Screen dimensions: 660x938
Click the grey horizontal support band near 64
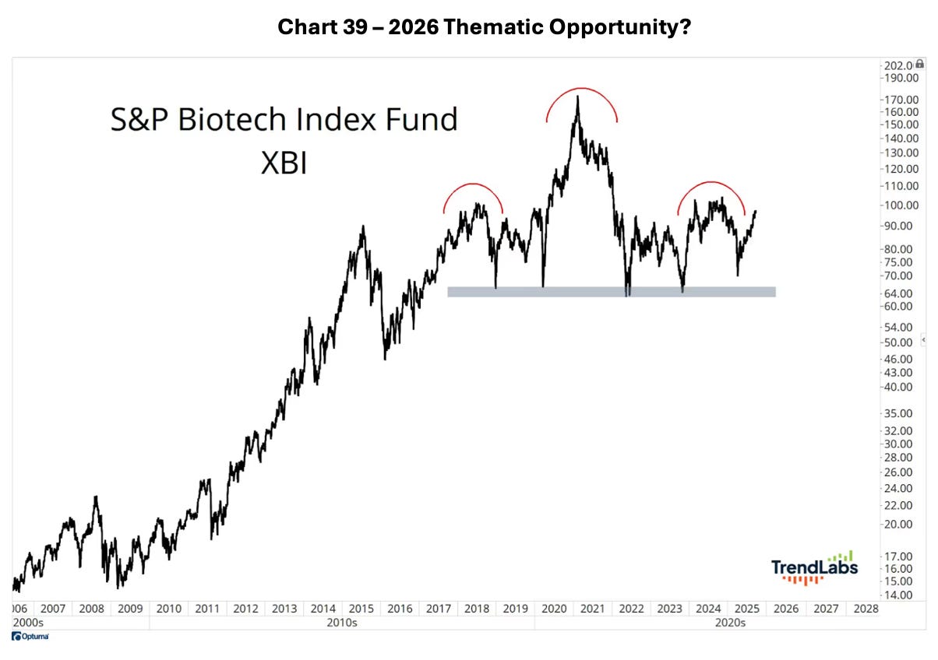pyautogui.click(x=611, y=292)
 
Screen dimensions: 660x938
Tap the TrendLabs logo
pyautogui.click(x=815, y=567)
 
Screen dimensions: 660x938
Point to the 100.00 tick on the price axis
pyautogui.click(x=900, y=205)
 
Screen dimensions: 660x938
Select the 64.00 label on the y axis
pyautogui.click(x=898, y=293)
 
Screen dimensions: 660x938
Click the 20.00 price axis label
pyautogui.click(x=898, y=524)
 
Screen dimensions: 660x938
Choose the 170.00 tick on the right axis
pyautogui.click(x=900, y=100)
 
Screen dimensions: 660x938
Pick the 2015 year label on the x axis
pyautogui.click(x=361, y=608)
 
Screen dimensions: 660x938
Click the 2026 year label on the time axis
pyautogui.click(x=785, y=608)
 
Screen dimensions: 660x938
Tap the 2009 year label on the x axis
pyautogui.click(x=129, y=608)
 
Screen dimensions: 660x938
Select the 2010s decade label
pyautogui.click(x=341, y=623)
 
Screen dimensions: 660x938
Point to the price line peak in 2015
pyautogui.click(x=362, y=227)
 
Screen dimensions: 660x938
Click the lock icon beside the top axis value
pyautogui.click(x=920, y=64)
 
